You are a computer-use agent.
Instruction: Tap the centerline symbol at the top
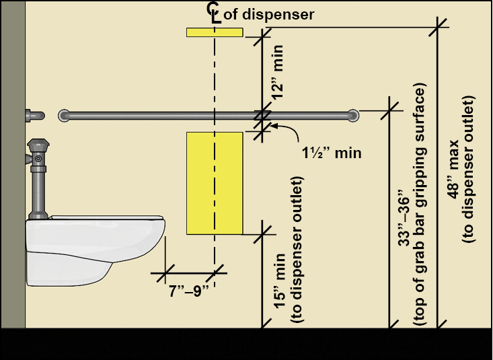click(215, 11)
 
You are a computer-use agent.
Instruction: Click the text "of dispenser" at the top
click(268, 14)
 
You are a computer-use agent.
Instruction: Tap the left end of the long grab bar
click(65, 115)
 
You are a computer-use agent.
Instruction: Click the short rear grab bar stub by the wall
click(34, 115)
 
